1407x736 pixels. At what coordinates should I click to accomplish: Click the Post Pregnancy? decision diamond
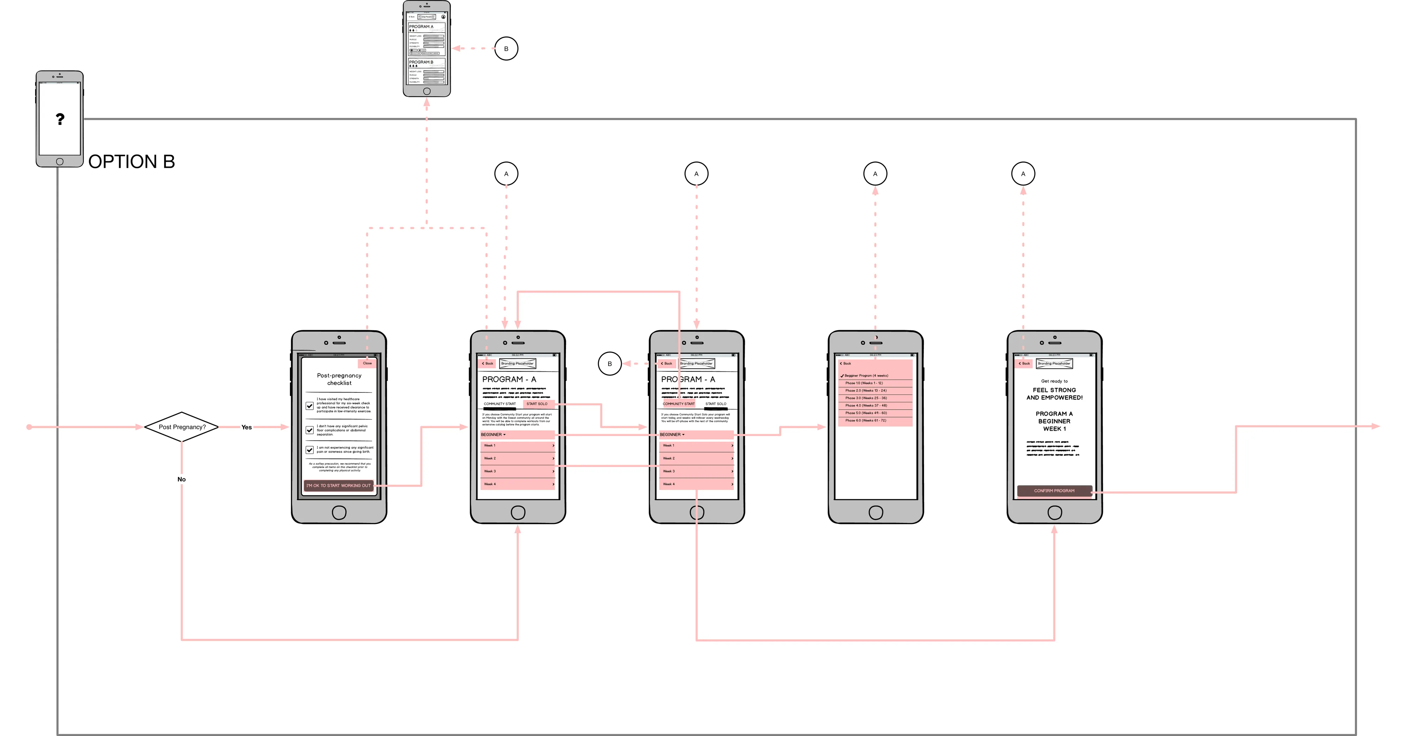182,427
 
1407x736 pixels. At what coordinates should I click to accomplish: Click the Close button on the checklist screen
367,363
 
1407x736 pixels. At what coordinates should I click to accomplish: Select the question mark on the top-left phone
60,119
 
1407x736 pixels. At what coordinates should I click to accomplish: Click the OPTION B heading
132,162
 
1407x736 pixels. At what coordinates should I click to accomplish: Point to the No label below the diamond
182,479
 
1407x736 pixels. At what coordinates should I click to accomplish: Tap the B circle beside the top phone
506,49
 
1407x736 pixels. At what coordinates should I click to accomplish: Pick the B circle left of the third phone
610,364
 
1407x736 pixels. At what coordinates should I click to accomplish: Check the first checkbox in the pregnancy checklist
310,406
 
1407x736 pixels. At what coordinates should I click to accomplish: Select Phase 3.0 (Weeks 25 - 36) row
875,398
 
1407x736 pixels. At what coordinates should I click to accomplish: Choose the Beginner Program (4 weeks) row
875,376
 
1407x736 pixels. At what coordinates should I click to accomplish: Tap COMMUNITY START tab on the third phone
679,404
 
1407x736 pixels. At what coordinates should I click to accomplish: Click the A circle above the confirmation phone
1023,174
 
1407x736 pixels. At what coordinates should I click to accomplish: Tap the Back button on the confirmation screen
1024,363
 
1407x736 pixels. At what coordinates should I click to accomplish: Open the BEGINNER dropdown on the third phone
672,435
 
